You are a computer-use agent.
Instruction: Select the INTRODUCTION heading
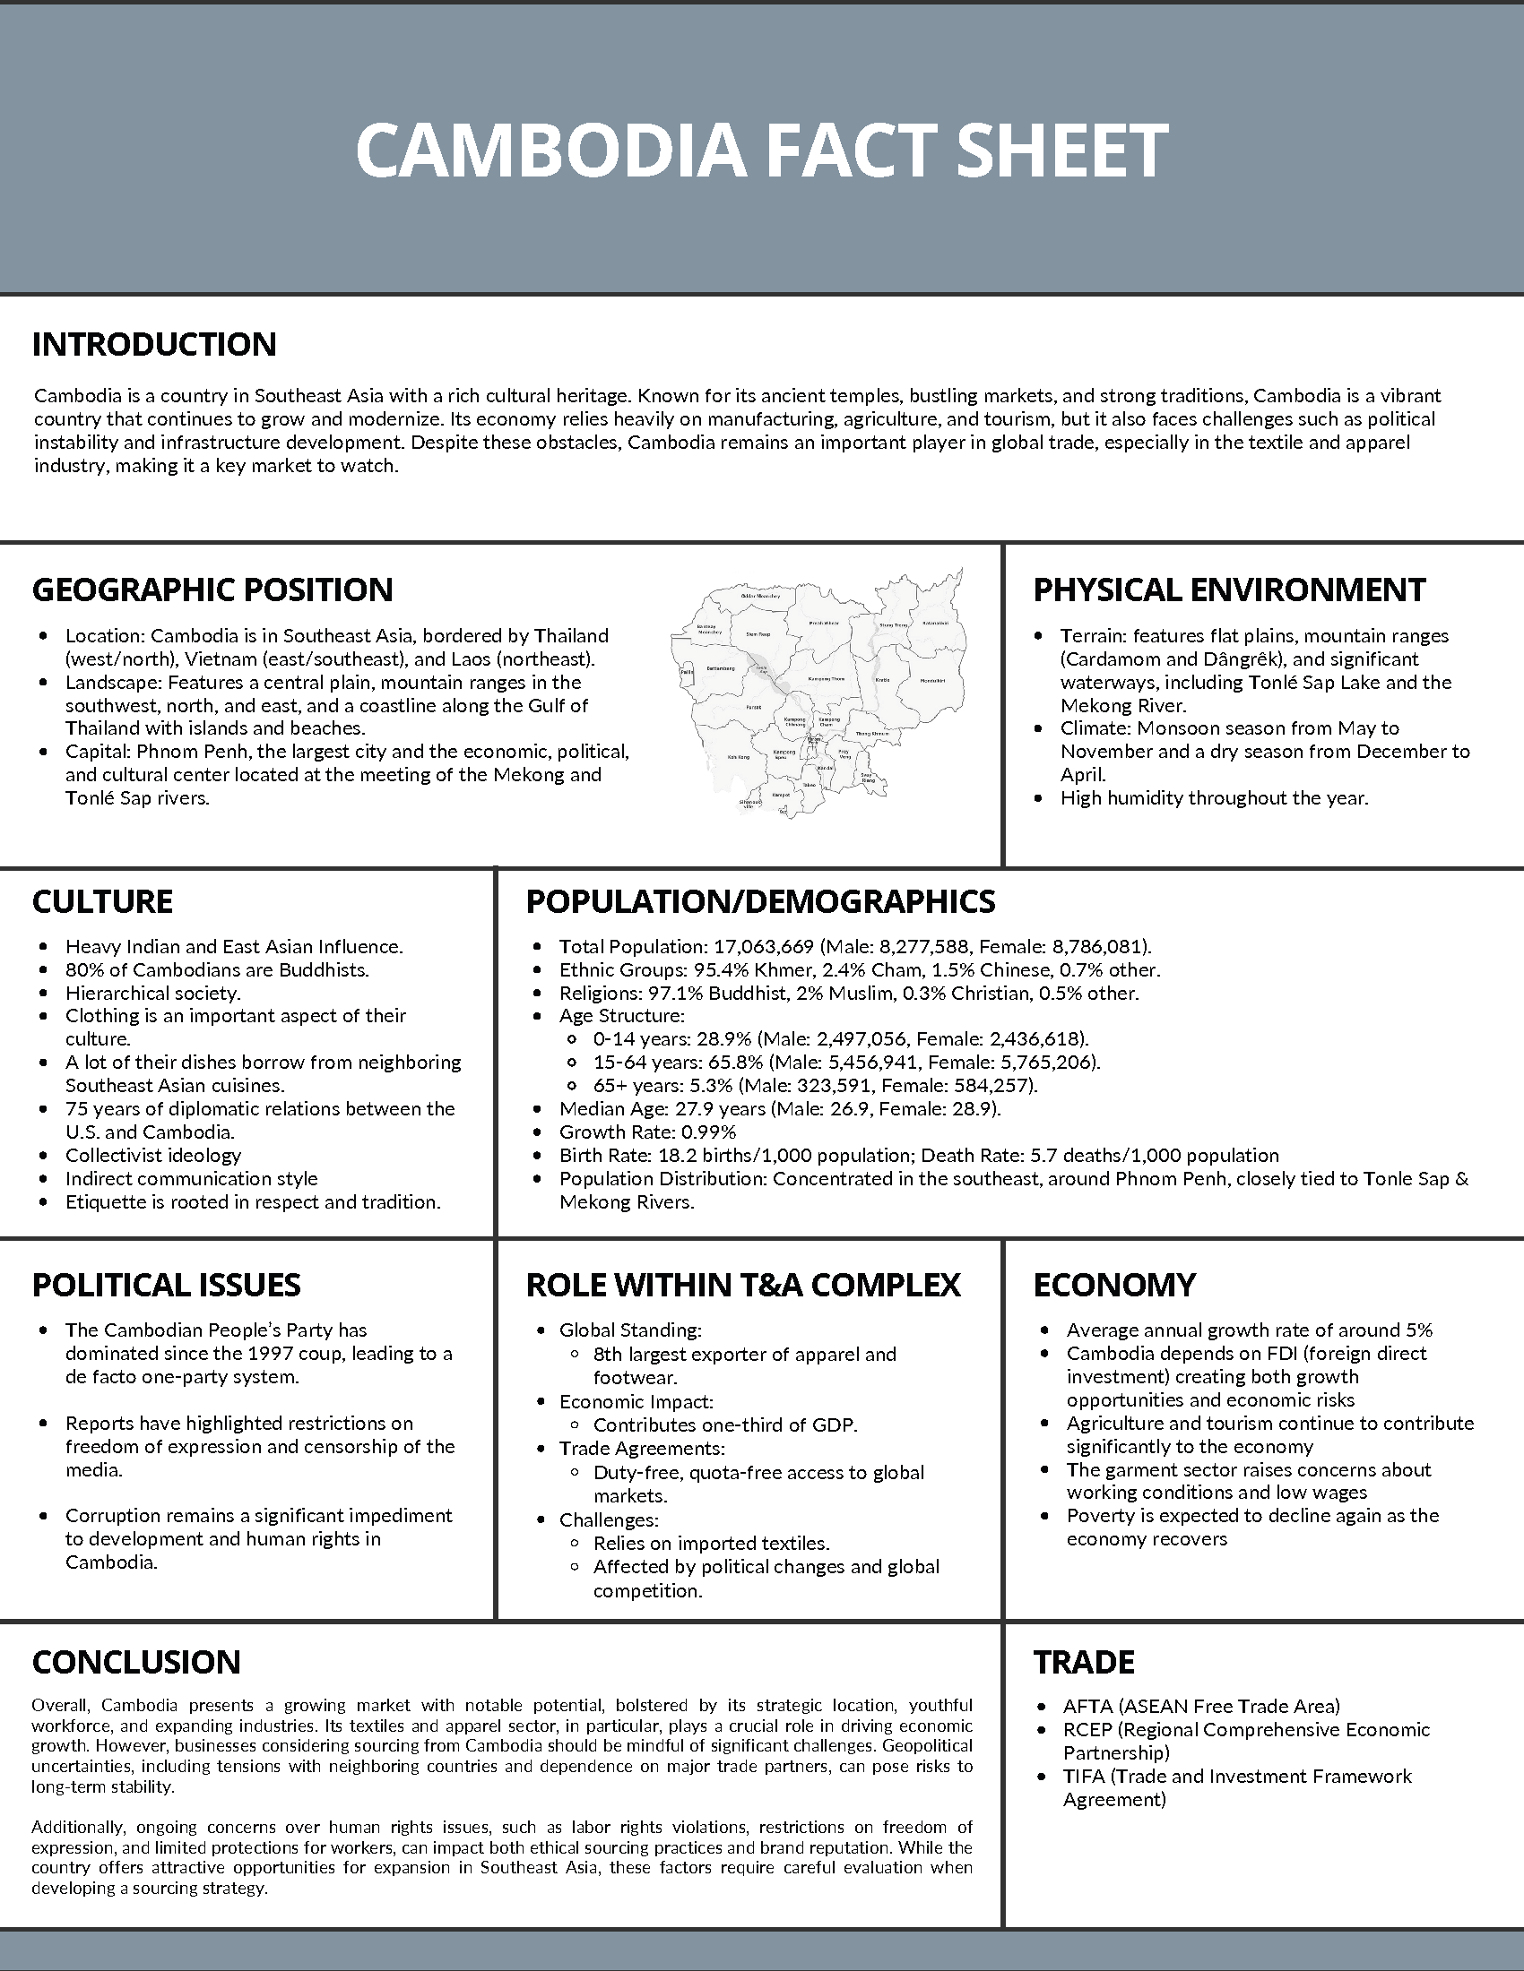(154, 344)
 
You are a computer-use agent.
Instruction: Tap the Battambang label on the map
(722, 668)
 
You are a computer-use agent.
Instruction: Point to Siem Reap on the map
(758, 634)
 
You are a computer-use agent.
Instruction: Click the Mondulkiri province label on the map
(933, 682)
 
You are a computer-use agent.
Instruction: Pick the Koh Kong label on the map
(739, 757)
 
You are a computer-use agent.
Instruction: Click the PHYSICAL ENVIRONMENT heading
(1229, 590)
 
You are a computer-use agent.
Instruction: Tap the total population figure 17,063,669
(763, 947)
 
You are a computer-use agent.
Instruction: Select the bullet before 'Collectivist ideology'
(43, 1156)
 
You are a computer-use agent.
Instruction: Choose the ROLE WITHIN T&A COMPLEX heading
(743, 1285)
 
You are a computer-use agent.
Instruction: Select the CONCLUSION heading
(136, 1662)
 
